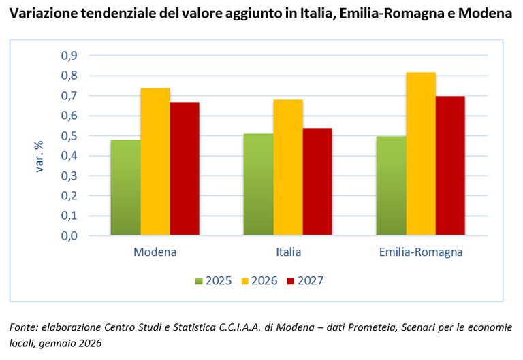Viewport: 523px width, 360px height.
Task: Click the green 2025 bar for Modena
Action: (x=125, y=188)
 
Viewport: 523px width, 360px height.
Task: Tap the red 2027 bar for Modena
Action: (x=185, y=169)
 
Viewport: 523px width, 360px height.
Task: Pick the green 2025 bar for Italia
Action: (x=259, y=184)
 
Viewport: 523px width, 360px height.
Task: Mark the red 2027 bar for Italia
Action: (x=317, y=182)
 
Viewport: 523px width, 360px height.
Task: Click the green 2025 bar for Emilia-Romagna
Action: (x=391, y=186)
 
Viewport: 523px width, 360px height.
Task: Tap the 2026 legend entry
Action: (x=259, y=280)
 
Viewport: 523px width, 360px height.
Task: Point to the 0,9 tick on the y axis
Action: (x=70, y=56)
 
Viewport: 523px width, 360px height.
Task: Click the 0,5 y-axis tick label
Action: (x=70, y=136)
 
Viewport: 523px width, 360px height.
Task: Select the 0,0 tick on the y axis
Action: (x=70, y=236)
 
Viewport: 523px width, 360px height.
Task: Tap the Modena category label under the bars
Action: (x=155, y=252)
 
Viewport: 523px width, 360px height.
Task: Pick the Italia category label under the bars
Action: (x=288, y=252)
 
